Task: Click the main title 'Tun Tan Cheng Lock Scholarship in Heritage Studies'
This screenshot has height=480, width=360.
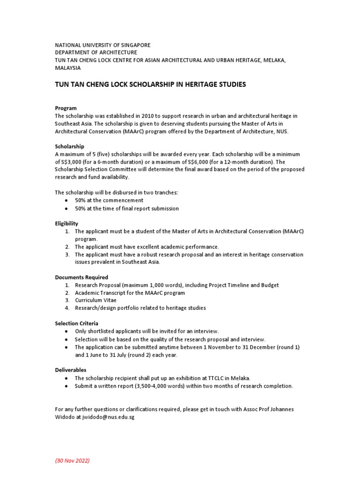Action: (x=150, y=84)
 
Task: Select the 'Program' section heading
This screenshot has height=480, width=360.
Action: (x=66, y=108)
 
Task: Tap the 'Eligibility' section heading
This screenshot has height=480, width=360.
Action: (x=67, y=224)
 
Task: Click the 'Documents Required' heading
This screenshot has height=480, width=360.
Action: (x=82, y=277)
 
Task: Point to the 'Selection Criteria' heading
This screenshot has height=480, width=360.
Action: (x=77, y=323)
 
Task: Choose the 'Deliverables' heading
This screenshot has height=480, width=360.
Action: (x=71, y=370)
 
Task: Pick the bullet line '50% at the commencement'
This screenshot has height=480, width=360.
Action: (x=109, y=201)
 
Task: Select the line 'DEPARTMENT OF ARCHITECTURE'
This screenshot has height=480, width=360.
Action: (x=96, y=52)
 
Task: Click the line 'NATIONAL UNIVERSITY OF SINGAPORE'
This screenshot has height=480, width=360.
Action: (x=103, y=45)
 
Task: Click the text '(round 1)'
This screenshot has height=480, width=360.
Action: (x=288, y=347)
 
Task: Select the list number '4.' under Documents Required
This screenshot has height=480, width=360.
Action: (x=67, y=308)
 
